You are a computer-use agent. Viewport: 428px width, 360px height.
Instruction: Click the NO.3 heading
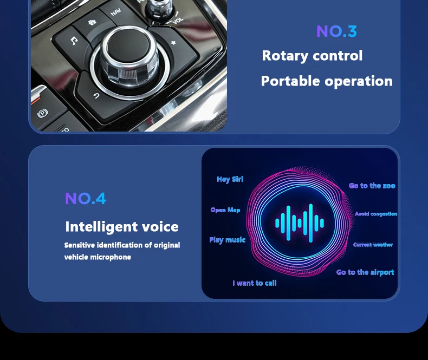336,31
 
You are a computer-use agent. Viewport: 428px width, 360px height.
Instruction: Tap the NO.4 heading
86,198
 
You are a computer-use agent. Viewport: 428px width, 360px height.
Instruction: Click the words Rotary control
312,56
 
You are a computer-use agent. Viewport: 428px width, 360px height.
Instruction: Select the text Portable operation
327,81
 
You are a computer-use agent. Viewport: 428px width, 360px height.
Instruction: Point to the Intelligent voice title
122,227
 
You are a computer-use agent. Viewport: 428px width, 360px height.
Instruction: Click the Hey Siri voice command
230,179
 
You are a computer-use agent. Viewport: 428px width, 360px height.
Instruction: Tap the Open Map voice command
225,210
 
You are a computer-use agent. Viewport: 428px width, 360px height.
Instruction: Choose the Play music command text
228,240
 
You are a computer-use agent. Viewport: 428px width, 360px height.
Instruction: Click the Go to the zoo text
372,186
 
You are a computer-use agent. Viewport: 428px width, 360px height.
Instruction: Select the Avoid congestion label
376,214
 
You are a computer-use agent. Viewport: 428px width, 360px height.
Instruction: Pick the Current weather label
373,245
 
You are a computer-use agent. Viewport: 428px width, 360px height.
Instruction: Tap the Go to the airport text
365,272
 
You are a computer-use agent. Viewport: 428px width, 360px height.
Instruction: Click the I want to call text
255,283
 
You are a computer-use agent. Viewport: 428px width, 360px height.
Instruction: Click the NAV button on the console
116,12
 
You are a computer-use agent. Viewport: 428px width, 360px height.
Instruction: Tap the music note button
74,41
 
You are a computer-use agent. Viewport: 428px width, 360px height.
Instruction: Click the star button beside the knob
173,43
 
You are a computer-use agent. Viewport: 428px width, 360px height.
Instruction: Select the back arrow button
96,96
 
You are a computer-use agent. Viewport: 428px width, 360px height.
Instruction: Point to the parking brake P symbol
43,113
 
